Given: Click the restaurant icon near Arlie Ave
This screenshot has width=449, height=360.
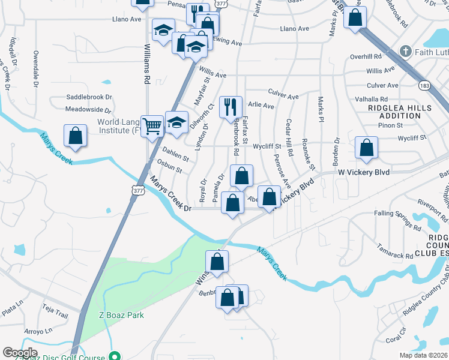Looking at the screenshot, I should (231, 107).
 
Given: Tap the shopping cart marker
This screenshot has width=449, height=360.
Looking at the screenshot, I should (152, 125).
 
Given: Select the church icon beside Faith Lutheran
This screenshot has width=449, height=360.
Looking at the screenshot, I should (406, 52).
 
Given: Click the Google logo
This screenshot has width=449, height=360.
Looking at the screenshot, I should (20, 353).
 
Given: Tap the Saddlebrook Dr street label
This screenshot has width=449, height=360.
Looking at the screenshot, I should (89, 97).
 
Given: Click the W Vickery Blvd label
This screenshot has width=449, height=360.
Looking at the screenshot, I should (364, 172).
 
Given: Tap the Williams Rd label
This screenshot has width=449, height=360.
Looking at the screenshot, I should (146, 65).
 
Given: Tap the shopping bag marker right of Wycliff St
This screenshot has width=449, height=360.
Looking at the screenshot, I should (366, 148).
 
